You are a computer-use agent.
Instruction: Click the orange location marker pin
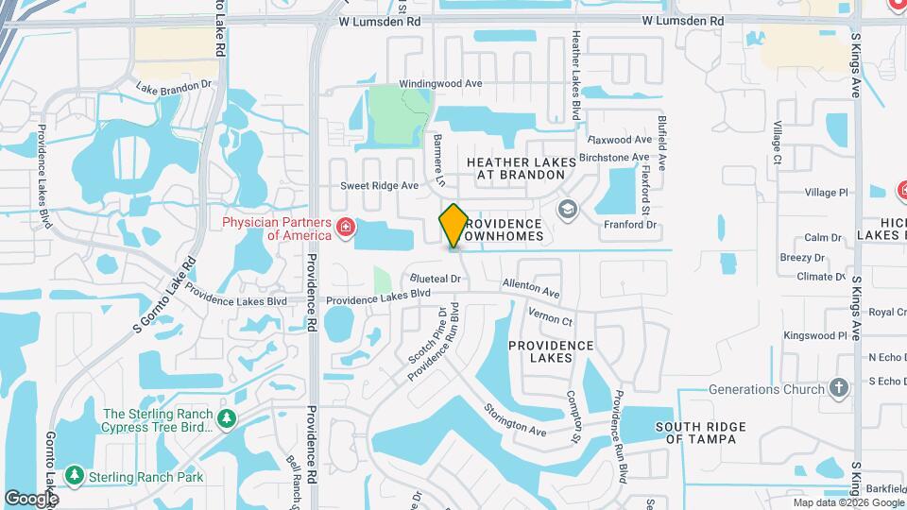click(x=453, y=225)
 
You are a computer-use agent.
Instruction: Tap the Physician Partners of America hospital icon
click(x=346, y=227)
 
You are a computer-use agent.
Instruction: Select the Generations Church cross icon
click(x=838, y=388)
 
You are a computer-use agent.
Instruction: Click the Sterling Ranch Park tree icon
click(x=75, y=476)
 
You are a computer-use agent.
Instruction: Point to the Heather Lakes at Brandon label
click(x=522, y=168)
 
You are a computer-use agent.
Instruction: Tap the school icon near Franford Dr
click(x=568, y=208)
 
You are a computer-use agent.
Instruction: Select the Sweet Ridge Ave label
click(x=379, y=186)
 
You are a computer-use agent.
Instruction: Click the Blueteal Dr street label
click(x=435, y=280)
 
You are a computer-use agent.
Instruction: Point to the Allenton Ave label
click(x=531, y=284)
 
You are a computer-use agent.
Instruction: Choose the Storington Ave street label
click(x=515, y=419)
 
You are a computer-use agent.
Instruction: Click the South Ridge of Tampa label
click(x=701, y=433)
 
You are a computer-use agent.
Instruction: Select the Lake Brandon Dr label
click(x=174, y=86)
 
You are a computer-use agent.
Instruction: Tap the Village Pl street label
click(x=826, y=193)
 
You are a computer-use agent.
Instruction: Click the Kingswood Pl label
click(x=815, y=335)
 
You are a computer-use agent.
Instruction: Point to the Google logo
click(x=31, y=498)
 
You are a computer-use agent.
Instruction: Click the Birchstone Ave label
click(x=615, y=157)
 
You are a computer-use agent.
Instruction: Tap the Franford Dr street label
click(x=630, y=225)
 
